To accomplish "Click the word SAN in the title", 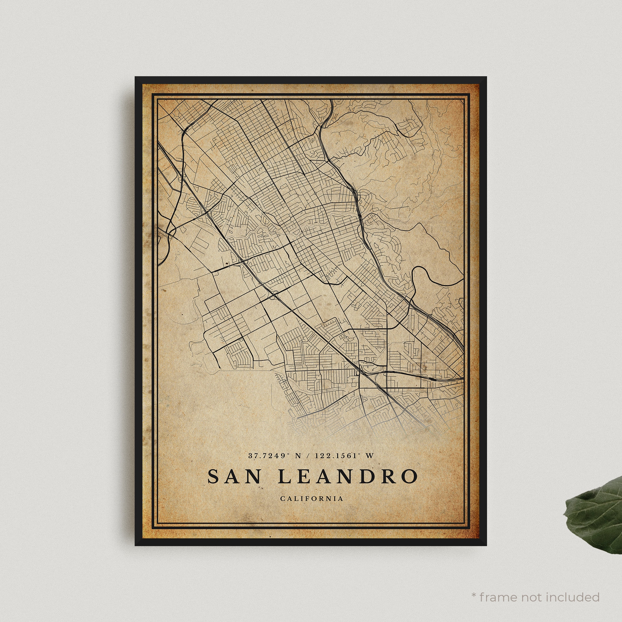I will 234,476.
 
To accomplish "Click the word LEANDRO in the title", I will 347,476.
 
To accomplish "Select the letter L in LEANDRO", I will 284,476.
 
